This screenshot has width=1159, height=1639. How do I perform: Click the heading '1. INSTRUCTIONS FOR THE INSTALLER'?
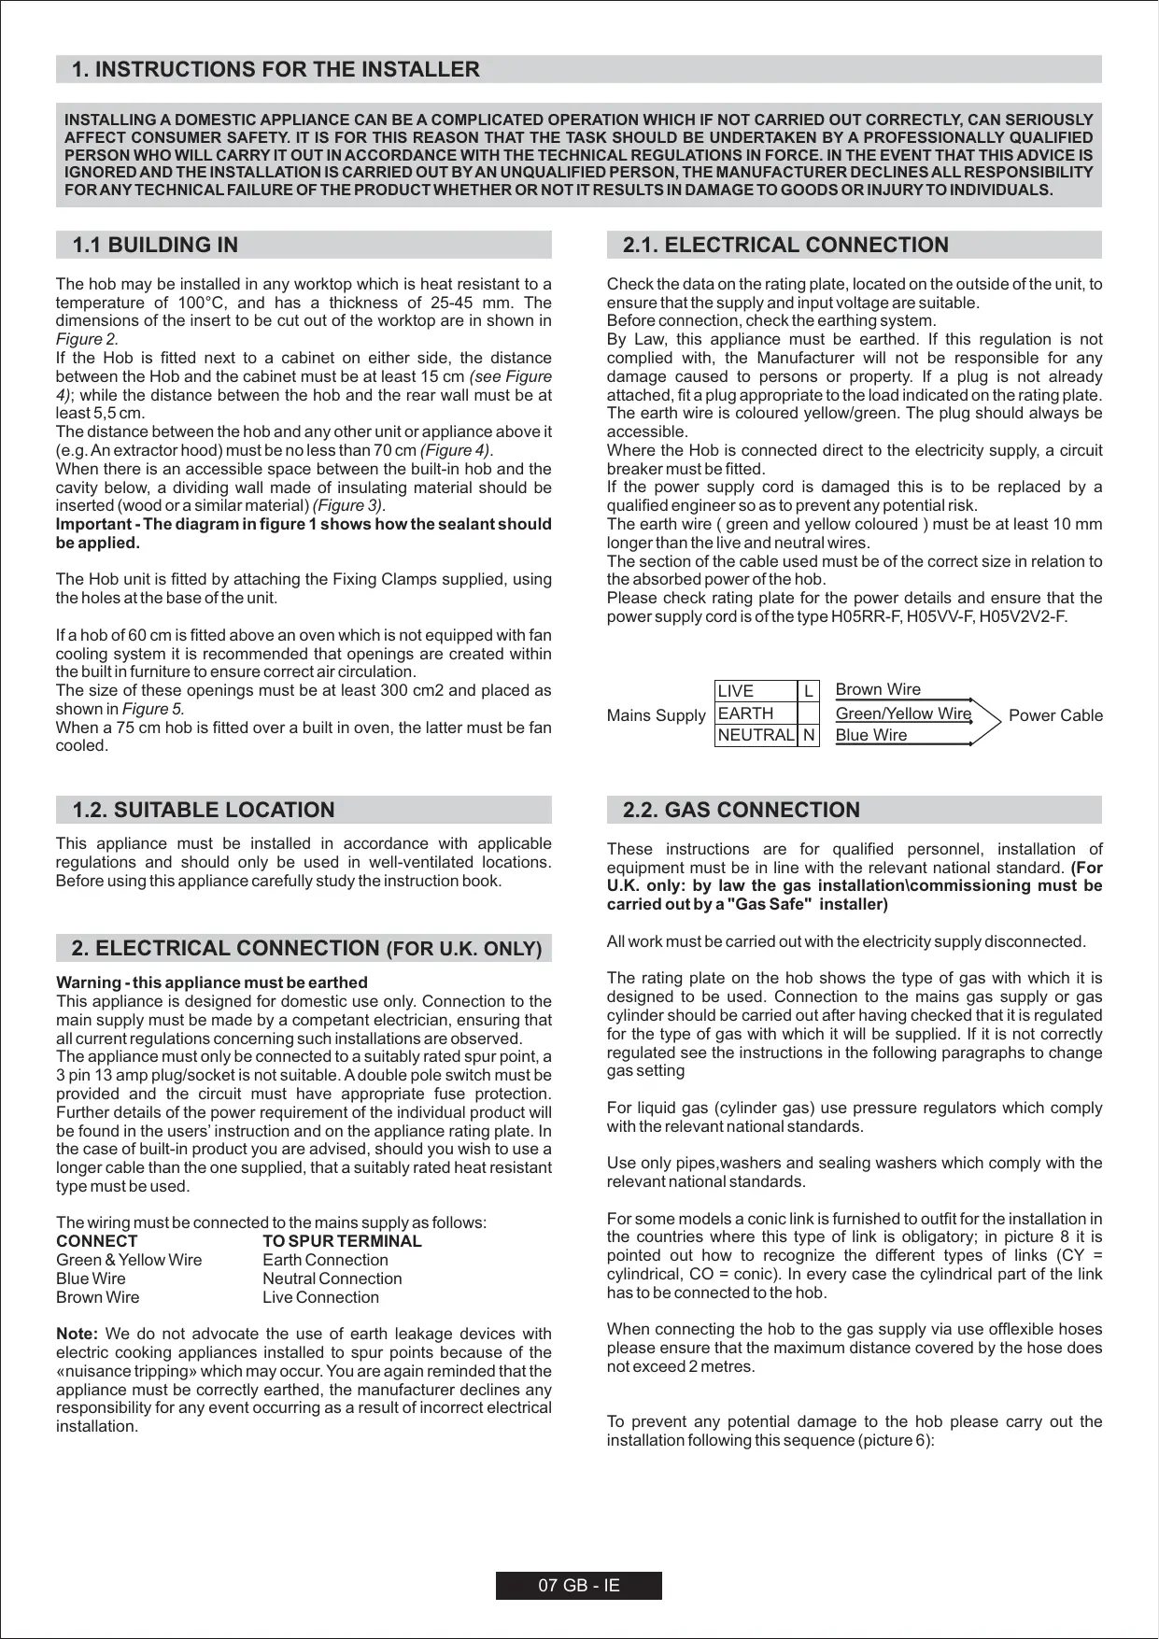tap(276, 70)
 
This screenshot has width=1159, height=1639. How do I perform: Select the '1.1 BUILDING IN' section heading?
tap(155, 246)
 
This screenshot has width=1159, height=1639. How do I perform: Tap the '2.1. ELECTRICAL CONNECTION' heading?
tap(784, 246)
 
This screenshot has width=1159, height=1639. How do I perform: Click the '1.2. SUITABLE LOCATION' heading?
tap(203, 811)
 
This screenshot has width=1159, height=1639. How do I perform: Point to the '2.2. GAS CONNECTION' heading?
tap(741, 811)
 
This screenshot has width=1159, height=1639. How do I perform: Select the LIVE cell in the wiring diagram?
tap(736, 691)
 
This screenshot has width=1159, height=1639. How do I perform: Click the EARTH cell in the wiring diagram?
tap(745, 714)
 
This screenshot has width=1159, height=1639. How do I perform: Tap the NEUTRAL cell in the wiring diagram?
tap(756, 736)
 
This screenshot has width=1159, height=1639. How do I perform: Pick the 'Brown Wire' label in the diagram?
tap(877, 690)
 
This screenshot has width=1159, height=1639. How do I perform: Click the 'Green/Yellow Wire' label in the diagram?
tap(902, 714)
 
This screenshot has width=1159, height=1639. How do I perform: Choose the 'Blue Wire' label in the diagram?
tap(870, 736)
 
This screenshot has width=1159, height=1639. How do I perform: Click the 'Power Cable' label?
tap(1055, 716)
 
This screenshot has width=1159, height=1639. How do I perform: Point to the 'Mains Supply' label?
tap(656, 716)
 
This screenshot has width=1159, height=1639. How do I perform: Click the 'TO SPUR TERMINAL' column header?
tap(342, 1242)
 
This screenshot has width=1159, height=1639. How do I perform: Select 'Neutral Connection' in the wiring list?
tap(332, 1279)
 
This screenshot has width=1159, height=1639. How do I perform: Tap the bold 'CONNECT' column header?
tap(96, 1242)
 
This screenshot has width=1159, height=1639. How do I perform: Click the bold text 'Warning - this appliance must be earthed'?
tap(212, 982)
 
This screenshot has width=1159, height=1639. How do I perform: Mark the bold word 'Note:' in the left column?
tap(77, 1335)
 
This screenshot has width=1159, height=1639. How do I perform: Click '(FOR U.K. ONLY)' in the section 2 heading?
tap(464, 950)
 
